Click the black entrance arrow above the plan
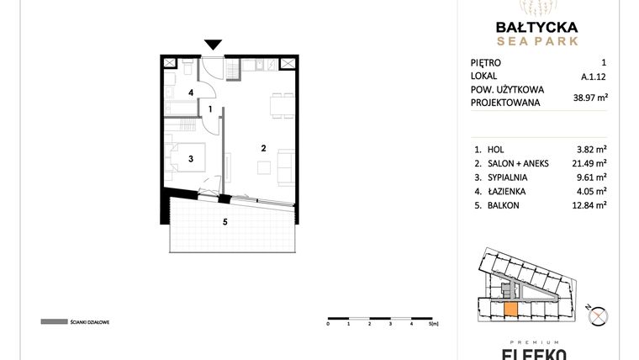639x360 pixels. pos(214,45)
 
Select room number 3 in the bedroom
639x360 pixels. pos(191,157)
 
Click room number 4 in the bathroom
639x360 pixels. pos(191,93)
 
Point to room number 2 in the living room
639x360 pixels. pos(263,149)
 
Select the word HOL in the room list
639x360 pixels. pos(496,149)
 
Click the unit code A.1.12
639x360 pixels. pos(594,76)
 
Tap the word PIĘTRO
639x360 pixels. pos(486,62)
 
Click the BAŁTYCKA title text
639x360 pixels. pos(536,25)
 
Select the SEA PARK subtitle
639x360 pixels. pos(536,40)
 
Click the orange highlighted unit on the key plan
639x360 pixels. pos(510,309)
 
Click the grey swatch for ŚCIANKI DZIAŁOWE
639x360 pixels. pos(53,321)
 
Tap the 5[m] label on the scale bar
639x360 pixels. pos(433,323)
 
